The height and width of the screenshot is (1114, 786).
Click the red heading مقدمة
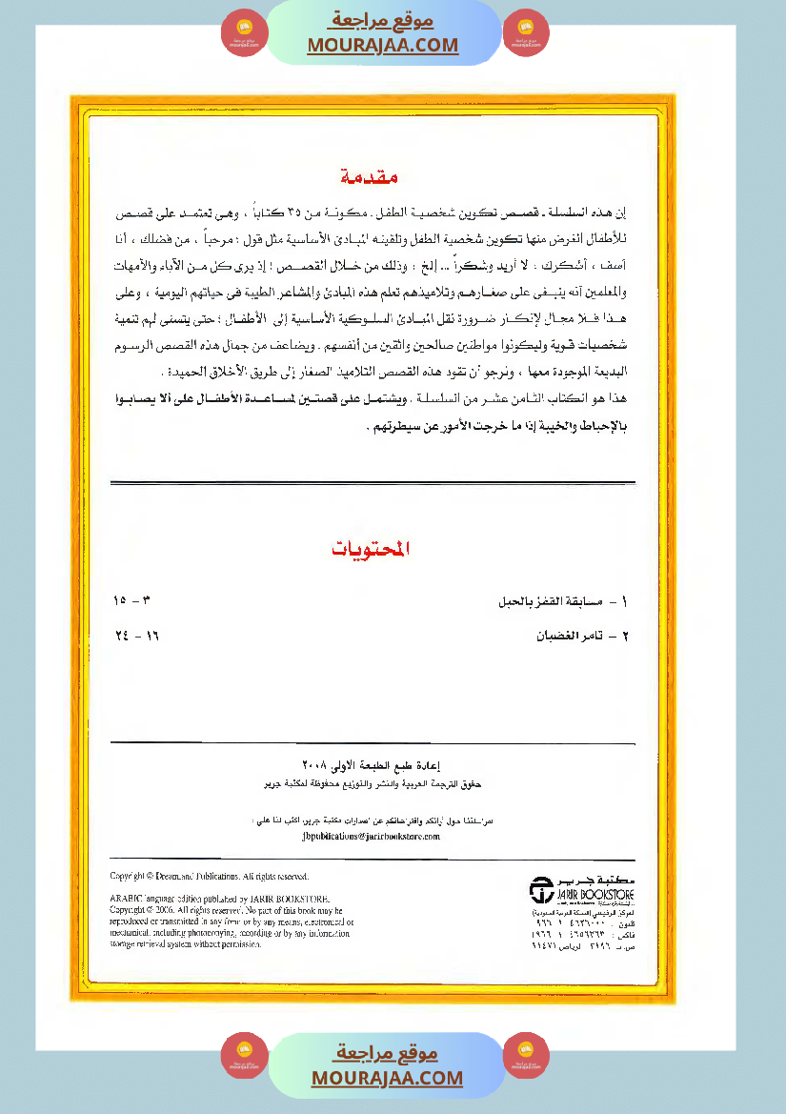tap(369, 177)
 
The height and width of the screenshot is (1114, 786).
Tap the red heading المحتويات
tap(371, 549)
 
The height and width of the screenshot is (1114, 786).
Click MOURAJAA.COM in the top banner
tap(383, 45)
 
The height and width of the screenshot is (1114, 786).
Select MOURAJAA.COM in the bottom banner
tap(387, 1078)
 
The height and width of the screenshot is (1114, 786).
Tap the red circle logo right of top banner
tap(526, 32)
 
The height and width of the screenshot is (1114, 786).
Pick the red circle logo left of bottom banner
tap(244, 1056)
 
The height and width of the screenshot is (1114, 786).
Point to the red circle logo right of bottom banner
tap(526, 1056)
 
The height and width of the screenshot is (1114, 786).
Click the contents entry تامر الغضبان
tap(581, 634)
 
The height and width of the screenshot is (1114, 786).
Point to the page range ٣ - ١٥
tap(132, 601)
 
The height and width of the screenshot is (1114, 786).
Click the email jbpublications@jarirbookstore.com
tap(370, 836)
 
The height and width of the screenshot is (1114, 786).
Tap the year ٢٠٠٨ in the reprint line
tap(314, 764)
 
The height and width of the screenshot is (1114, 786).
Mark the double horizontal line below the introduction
tap(373, 483)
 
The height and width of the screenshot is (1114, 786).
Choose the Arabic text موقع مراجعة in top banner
tap(384, 20)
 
